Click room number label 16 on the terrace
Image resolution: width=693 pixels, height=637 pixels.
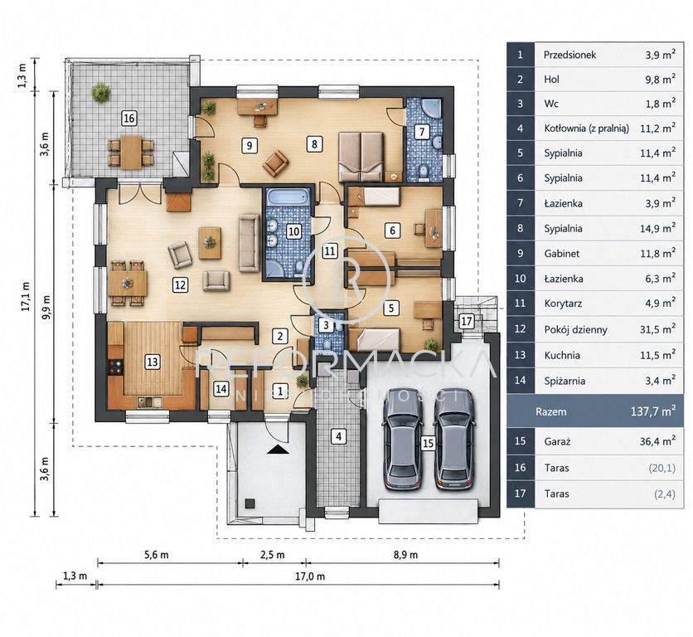(129, 119)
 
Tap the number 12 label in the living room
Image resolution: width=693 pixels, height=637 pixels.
(180, 284)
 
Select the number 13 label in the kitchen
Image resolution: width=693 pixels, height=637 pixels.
(152, 362)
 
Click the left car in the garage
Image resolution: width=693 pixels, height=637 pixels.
(402, 440)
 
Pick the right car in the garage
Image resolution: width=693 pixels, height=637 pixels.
(454, 440)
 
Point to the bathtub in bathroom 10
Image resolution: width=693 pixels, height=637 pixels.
(288, 197)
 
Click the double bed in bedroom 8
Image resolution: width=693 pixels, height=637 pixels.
(361, 157)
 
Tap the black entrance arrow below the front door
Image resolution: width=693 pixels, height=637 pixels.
(279, 450)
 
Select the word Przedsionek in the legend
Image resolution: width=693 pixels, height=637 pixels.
(569, 55)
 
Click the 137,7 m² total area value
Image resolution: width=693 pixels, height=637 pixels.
(652, 411)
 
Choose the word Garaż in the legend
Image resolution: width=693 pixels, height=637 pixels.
(557, 441)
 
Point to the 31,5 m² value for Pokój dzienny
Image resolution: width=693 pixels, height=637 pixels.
(657, 329)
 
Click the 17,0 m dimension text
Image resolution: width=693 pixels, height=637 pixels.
(310, 576)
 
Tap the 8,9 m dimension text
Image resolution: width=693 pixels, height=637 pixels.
(405, 555)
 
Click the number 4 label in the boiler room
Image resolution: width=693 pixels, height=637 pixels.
(338, 436)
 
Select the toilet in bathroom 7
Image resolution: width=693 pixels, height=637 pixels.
(423, 172)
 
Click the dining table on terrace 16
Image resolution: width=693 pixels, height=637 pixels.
(131, 152)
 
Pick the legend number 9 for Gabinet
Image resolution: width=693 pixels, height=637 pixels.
(521, 254)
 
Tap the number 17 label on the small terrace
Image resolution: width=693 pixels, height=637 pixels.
(466, 321)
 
